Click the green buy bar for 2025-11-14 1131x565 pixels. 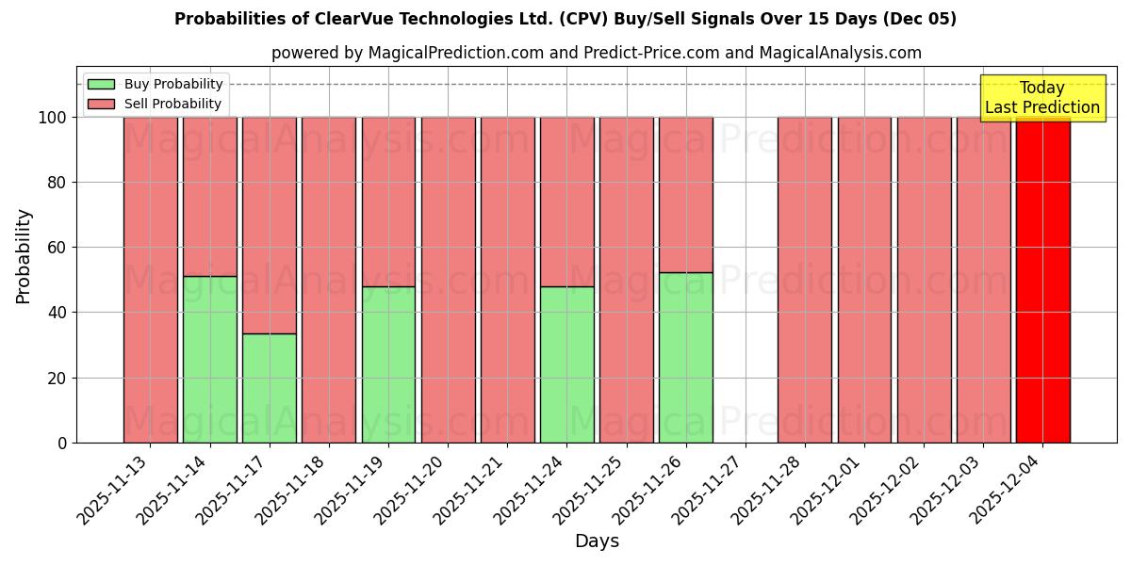click(209, 359)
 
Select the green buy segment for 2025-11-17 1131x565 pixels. click(270, 388)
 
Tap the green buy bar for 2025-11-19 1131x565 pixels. click(388, 364)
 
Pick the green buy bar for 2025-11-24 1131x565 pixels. click(566, 364)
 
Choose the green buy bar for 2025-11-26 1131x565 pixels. click(685, 358)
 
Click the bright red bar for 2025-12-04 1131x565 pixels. click(1042, 280)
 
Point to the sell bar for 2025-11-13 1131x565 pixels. click(150, 280)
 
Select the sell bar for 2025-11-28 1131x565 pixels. click(804, 280)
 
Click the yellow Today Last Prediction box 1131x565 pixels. click(1042, 98)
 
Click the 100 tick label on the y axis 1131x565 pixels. click(53, 118)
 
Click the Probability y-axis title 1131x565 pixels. click(24, 256)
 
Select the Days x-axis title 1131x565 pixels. click(597, 541)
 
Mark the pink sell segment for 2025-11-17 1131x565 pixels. click(270, 225)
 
